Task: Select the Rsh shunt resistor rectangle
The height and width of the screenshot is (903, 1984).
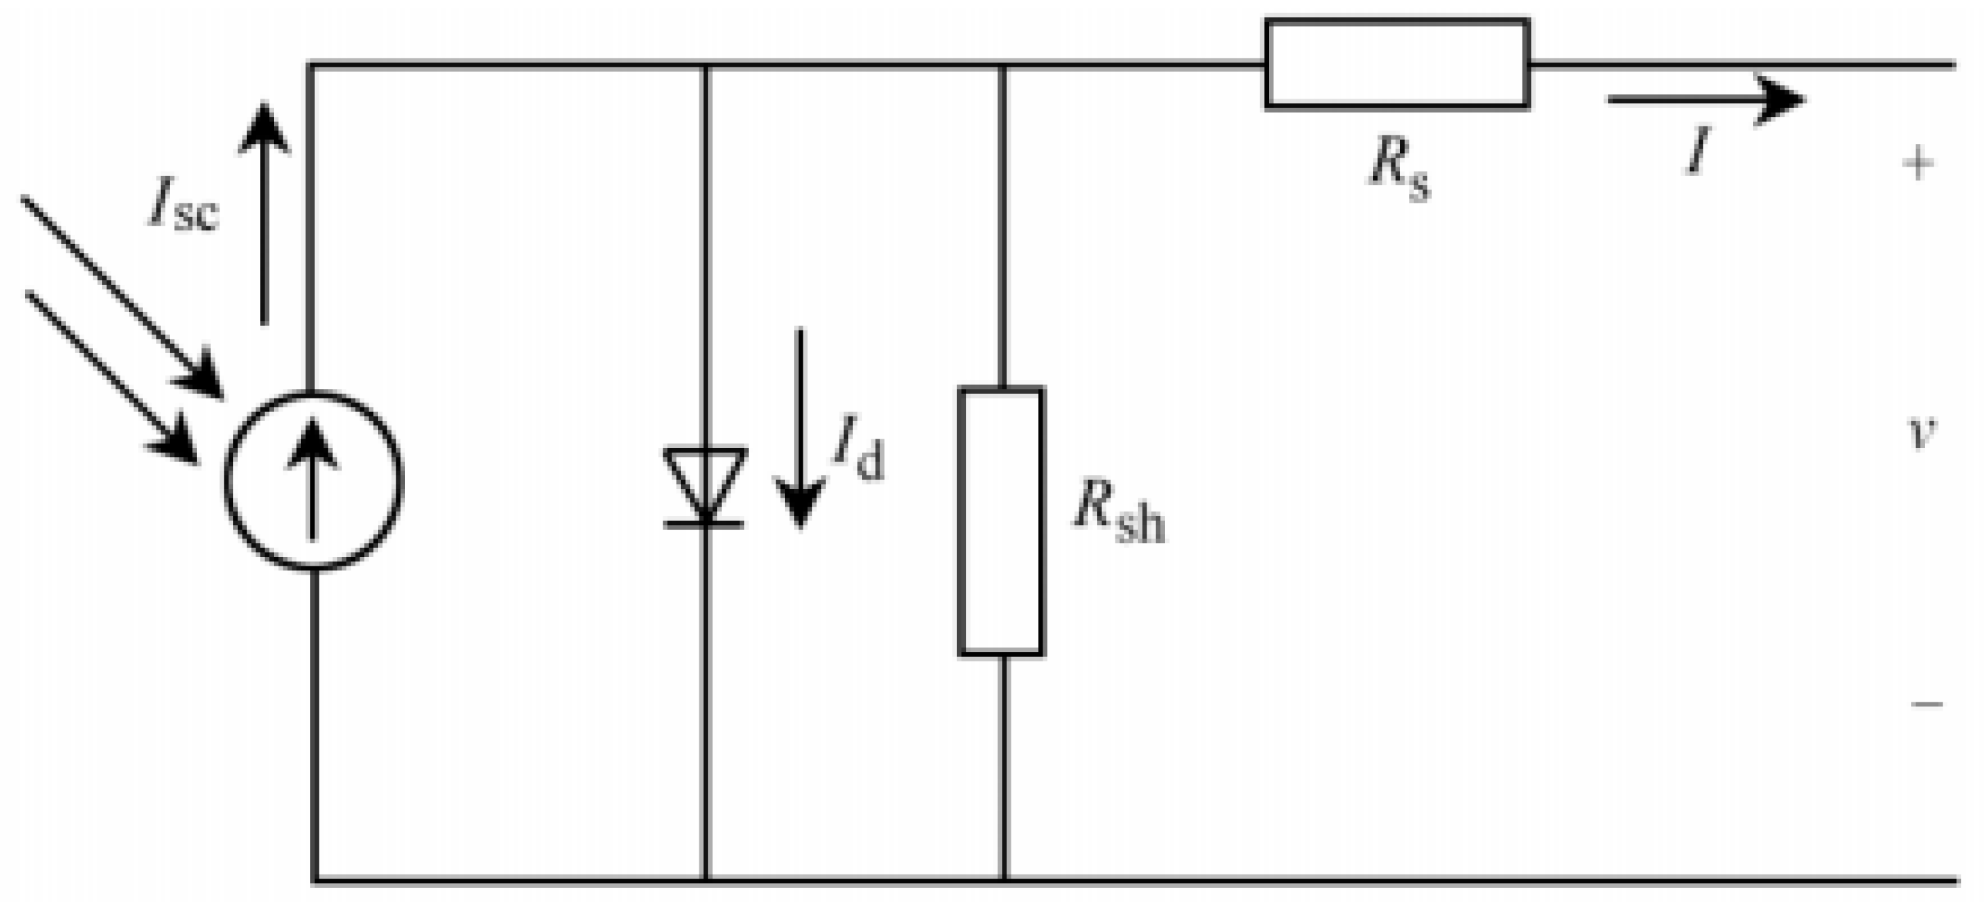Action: coord(1001,522)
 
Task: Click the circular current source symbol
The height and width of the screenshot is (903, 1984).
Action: coord(313,481)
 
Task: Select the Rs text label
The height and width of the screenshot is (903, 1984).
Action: coord(1399,170)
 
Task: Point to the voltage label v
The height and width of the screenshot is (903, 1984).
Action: coord(1922,432)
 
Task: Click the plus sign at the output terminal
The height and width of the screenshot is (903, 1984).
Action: coord(1918,163)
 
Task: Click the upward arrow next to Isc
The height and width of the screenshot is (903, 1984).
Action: coord(264,212)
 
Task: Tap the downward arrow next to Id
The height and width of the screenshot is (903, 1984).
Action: coord(800,428)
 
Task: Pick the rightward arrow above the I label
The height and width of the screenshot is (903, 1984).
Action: coord(1705,99)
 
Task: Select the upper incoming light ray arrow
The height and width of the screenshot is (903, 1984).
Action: coord(123,296)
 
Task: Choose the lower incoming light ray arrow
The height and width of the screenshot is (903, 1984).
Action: coord(111,377)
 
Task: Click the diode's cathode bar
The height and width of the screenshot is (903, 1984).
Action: coord(704,525)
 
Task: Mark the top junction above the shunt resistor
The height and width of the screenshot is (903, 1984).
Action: coord(1002,65)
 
